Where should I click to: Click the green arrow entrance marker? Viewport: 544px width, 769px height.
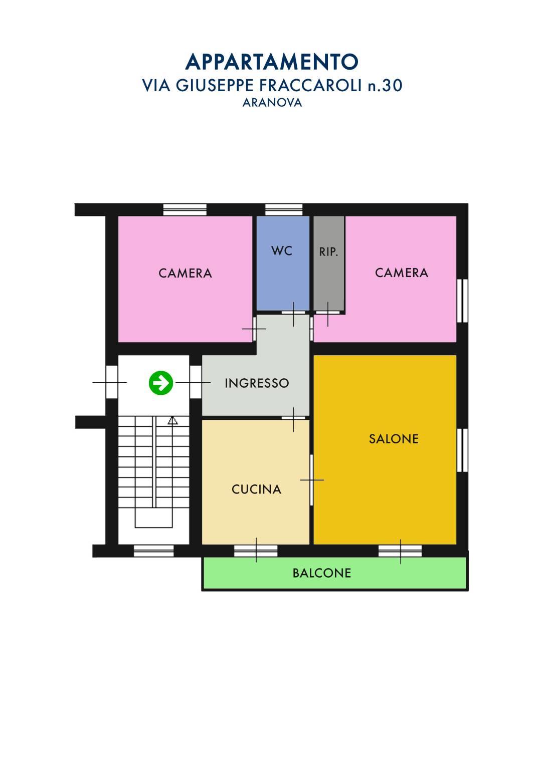tap(161, 382)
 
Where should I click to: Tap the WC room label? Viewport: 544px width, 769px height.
tap(281, 250)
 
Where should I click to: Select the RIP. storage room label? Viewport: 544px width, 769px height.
tap(328, 251)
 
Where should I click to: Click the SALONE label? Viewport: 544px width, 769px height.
tap(394, 439)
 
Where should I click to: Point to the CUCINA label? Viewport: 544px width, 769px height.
tap(256, 489)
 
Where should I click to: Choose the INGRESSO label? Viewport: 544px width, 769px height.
tap(257, 383)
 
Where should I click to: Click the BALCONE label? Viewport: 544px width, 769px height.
tap(322, 573)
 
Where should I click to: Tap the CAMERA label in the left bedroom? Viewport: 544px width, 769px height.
tap(185, 273)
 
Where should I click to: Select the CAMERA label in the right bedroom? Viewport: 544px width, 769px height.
tap(402, 273)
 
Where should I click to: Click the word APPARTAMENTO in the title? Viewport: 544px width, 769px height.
tap(272, 62)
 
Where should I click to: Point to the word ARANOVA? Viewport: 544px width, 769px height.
tap(272, 103)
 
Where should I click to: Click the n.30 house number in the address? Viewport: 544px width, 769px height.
tap(385, 86)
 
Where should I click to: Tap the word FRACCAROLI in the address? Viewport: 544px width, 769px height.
tap(311, 86)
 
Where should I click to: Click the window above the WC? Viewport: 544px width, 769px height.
tap(284, 210)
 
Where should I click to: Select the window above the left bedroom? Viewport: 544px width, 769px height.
tap(185, 210)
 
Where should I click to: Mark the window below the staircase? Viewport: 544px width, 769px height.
tap(153, 551)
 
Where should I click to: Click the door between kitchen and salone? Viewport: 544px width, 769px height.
tap(312, 480)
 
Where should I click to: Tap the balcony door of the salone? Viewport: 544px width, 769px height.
tap(400, 551)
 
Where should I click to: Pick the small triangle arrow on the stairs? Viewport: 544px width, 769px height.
tap(173, 420)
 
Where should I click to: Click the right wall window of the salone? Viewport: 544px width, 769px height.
tap(463, 450)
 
